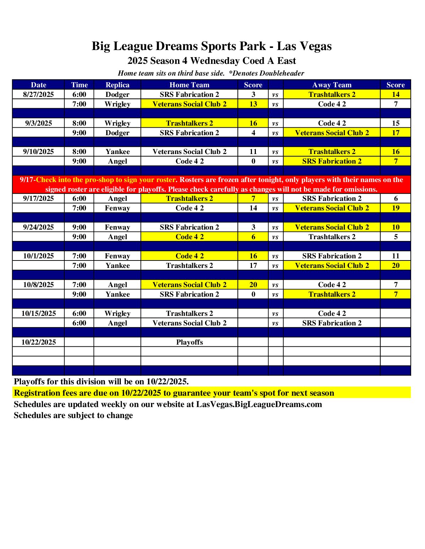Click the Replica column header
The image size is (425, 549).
click(117, 85)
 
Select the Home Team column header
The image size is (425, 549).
click(189, 85)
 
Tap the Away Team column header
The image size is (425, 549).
click(332, 85)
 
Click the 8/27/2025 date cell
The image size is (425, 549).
click(38, 94)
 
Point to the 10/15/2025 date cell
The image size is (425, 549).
click(38, 313)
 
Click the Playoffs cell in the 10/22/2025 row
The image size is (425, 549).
click(189, 342)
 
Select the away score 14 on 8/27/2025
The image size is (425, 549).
click(396, 94)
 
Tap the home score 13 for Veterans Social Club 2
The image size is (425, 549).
click(253, 104)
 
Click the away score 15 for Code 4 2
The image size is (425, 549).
click(396, 123)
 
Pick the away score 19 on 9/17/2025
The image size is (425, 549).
click(396, 208)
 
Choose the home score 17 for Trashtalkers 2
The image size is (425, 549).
click(253, 265)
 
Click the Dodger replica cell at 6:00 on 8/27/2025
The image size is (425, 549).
click(117, 94)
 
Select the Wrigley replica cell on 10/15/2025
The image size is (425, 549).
click(117, 313)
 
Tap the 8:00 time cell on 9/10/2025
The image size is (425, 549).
click(79, 152)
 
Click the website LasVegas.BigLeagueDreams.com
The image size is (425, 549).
click(259, 405)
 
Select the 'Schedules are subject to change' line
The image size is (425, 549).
click(73, 416)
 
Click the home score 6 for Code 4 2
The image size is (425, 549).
click(253, 237)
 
